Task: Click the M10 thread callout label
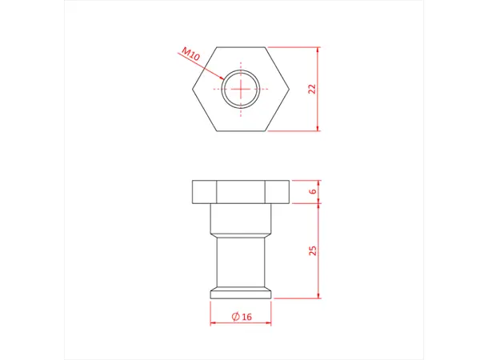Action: tap(189, 55)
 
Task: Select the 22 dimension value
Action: tap(313, 89)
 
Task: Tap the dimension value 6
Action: tap(313, 191)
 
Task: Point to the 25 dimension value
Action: tap(313, 250)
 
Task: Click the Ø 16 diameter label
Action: tap(241, 317)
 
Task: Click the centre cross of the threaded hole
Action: tap(240, 89)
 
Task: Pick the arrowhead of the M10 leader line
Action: tap(222, 79)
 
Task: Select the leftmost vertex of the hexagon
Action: tap(192, 89)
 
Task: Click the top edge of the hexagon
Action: tap(240, 47)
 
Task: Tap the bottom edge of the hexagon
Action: tap(240, 130)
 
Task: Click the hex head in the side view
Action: tap(240, 192)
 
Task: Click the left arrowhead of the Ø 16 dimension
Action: tap(213, 324)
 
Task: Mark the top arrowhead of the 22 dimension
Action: tap(318, 50)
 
